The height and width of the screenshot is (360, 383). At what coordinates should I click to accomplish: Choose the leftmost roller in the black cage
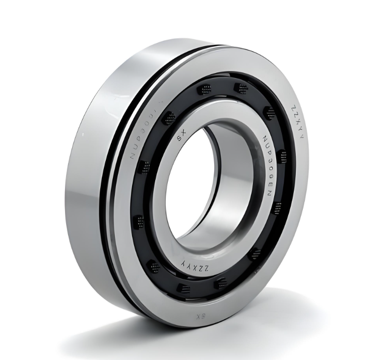pos(139,222)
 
